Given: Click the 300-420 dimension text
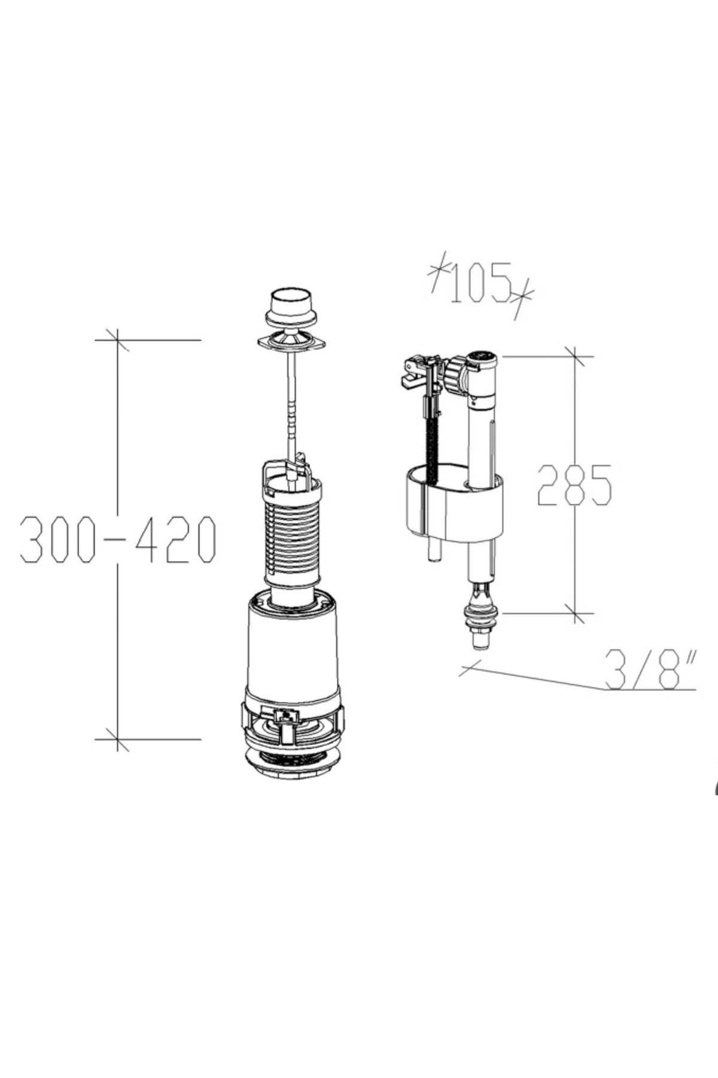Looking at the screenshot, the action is [x=118, y=539].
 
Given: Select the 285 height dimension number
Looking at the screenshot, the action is [x=575, y=485].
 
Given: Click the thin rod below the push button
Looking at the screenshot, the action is [x=291, y=407].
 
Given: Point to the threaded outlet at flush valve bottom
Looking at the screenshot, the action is [x=293, y=764].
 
